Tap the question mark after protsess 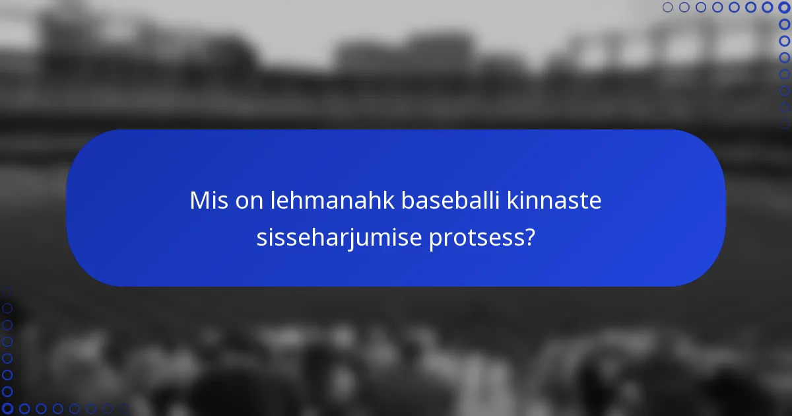[x=529, y=238]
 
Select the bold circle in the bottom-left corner [x=7, y=409]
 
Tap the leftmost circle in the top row [x=667, y=7]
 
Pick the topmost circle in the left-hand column [x=7, y=291]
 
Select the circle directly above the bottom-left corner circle [x=7, y=392]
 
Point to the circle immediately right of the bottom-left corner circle [x=24, y=409]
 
